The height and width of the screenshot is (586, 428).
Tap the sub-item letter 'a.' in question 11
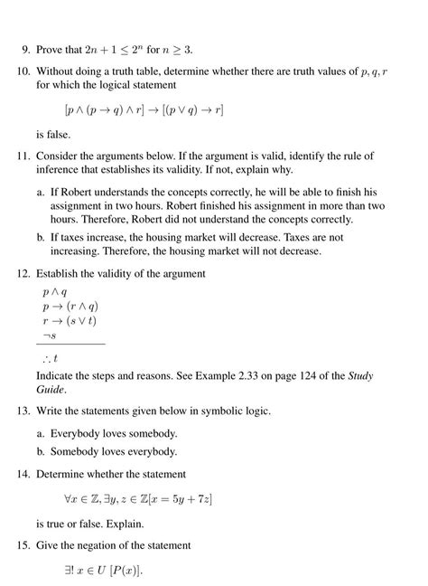point(42,193)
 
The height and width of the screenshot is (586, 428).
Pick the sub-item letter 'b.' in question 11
point(42,237)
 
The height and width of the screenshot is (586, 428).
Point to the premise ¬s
point(50,336)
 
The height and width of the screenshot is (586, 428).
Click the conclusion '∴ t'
point(51,358)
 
